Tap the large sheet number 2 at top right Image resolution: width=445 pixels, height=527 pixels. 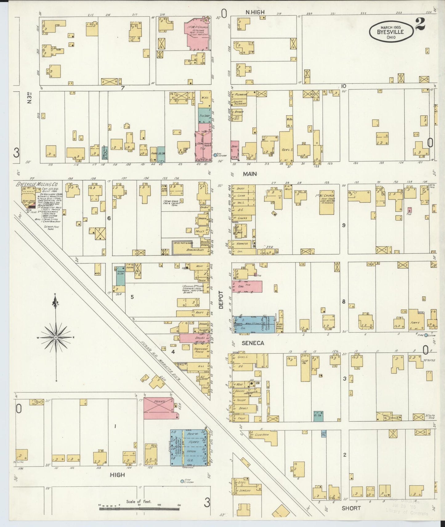point(420,24)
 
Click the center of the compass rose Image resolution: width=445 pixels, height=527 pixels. point(56,338)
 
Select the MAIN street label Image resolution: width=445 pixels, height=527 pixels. point(250,174)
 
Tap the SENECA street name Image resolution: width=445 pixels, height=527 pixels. point(253,343)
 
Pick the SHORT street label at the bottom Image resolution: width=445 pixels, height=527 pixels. point(351,508)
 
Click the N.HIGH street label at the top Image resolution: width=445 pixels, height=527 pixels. point(255,12)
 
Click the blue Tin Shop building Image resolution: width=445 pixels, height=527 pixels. point(203,116)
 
